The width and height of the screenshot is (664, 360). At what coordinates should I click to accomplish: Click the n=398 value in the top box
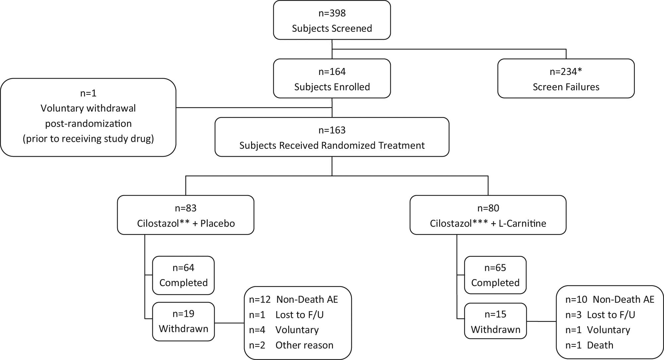(x=332, y=13)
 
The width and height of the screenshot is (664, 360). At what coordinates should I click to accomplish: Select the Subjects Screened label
(x=332, y=29)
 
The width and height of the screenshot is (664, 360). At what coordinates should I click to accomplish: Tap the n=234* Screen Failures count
(x=566, y=72)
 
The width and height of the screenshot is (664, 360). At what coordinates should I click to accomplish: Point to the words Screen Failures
(x=566, y=87)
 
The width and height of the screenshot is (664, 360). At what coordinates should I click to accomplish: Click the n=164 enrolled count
(x=332, y=72)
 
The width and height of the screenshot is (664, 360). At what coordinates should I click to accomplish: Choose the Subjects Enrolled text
(x=332, y=87)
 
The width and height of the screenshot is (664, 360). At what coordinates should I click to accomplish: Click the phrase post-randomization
(x=88, y=124)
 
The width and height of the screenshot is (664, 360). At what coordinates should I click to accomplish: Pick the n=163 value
(x=332, y=130)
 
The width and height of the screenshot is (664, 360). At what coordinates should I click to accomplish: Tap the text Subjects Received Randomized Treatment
(x=332, y=146)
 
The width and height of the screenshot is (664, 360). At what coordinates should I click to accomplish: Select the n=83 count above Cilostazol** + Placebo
(x=186, y=208)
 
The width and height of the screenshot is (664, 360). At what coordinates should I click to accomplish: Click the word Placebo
(x=218, y=223)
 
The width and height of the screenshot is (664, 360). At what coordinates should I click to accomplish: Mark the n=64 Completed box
(x=183, y=275)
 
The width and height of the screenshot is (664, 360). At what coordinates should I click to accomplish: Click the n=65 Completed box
(x=495, y=275)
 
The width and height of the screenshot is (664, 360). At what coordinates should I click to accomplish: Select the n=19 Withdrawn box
(x=183, y=321)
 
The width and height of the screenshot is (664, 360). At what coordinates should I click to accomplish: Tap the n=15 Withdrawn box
(x=496, y=321)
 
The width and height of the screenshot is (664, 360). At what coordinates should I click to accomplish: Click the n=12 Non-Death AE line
(x=294, y=300)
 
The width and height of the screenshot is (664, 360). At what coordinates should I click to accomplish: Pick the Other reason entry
(x=304, y=345)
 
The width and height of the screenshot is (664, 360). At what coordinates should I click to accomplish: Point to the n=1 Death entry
(x=589, y=345)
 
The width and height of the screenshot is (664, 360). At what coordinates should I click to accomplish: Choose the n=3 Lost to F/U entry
(x=600, y=315)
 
